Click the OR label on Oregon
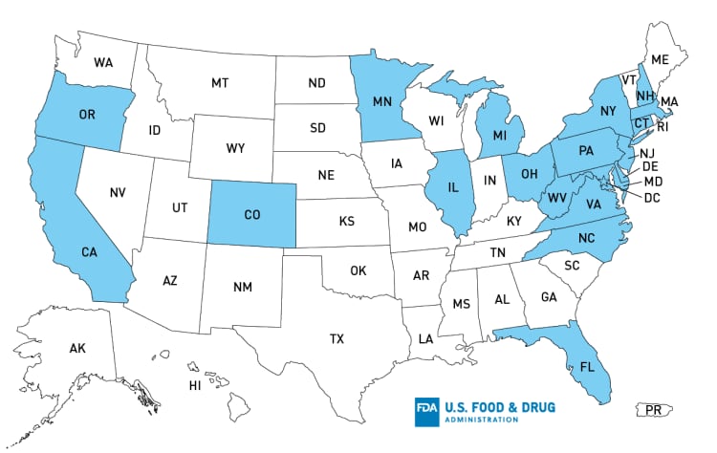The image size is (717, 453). pos(87,116)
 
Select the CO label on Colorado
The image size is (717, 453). pos(251,215)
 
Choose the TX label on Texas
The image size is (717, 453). pos(337,338)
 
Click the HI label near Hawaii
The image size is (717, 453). pos(194,385)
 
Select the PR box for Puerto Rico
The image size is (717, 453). pos(654,410)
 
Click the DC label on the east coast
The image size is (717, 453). pos(654,198)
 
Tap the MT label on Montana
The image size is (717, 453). pos(220,83)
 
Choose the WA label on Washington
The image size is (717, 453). pos(103,63)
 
